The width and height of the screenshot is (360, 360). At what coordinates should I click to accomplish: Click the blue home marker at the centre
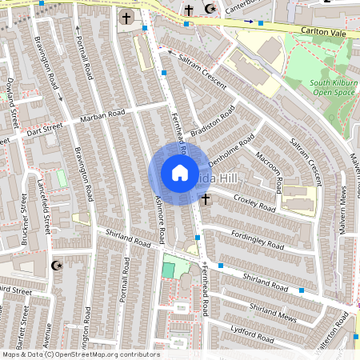180,173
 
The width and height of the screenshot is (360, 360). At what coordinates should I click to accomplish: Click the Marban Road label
103,116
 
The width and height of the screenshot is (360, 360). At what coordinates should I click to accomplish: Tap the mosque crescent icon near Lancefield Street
56,265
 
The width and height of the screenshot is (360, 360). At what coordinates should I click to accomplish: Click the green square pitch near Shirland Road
168,270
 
